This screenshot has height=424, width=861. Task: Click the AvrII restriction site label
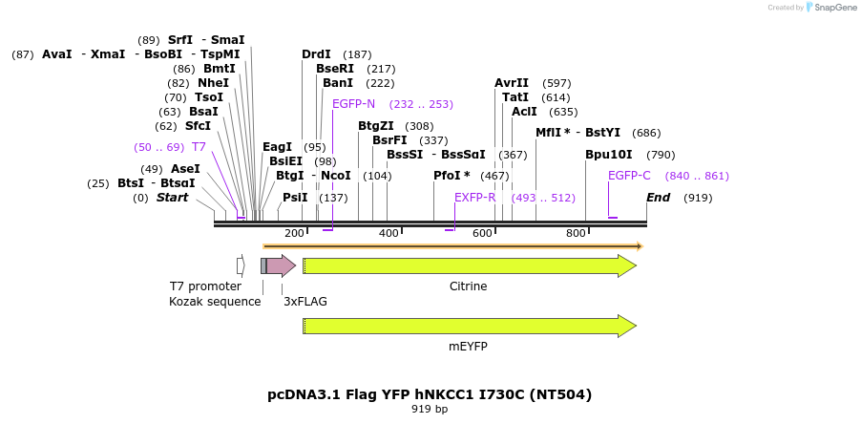coord(512,83)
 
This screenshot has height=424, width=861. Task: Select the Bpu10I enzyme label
coord(608,154)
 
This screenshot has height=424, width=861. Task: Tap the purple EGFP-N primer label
coord(353,104)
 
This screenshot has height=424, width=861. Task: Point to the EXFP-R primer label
coord(474,198)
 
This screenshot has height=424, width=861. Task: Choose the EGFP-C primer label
coord(629,176)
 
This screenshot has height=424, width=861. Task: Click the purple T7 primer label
coord(199,147)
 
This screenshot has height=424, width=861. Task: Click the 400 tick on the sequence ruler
coord(388,234)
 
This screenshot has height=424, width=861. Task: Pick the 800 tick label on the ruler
coord(576,234)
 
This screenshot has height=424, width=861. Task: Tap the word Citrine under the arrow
coord(468,286)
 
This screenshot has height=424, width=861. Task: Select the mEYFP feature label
coord(468,346)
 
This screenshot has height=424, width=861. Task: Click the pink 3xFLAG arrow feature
coord(281,265)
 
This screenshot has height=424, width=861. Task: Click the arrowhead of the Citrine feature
coord(627,265)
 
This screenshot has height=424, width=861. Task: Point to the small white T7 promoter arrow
coord(241,265)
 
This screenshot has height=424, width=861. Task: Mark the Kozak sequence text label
coord(215,302)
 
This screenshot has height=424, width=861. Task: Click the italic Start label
coord(172,198)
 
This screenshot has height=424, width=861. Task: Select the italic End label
coord(658,198)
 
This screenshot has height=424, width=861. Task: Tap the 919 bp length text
coord(430,410)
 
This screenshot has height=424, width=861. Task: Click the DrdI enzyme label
coord(316,54)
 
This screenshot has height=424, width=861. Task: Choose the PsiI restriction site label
coord(295,198)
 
